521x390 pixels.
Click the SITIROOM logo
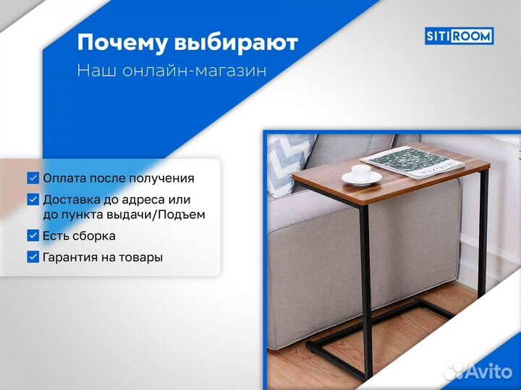(459, 35)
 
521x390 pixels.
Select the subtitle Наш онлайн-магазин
(171, 71)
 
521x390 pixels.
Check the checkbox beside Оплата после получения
(33, 178)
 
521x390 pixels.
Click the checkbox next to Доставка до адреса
(33, 199)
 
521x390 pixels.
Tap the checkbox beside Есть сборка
(33, 235)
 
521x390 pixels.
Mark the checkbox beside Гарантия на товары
(33, 256)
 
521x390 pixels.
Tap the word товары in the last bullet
(141, 257)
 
